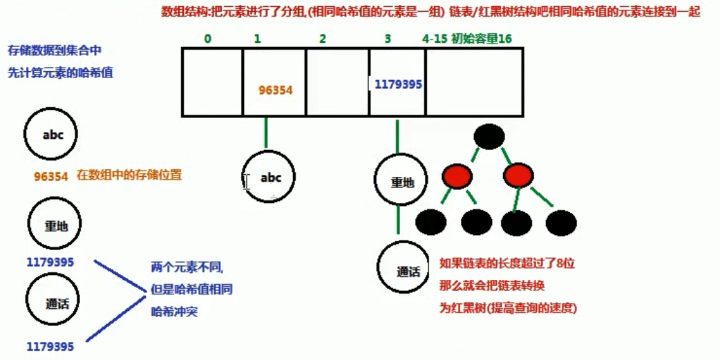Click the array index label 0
point(208,39)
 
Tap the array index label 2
point(322,39)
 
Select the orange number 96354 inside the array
point(276,90)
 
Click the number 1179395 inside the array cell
point(398,84)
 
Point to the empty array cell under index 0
point(213,82)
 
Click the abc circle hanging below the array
point(270,177)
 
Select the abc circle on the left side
point(53,135)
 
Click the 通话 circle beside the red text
point(408,271)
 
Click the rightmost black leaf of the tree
point(561,222)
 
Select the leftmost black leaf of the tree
point(431,222)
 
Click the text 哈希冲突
point(174,312)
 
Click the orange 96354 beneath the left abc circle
point(51,176)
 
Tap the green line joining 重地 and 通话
point(399,220)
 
